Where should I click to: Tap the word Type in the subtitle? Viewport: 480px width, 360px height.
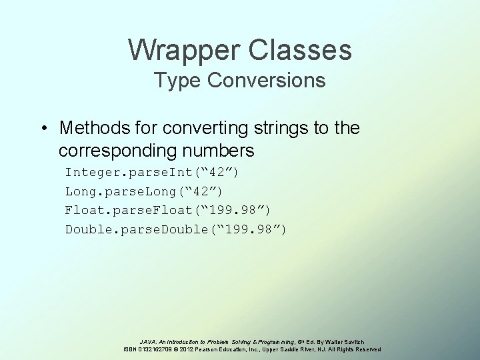[176, 81]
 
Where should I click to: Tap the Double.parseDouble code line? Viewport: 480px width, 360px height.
[176, 230]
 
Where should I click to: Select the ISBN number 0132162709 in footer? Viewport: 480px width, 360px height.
[155, 349]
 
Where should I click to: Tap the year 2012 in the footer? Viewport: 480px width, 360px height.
[188, 349]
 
